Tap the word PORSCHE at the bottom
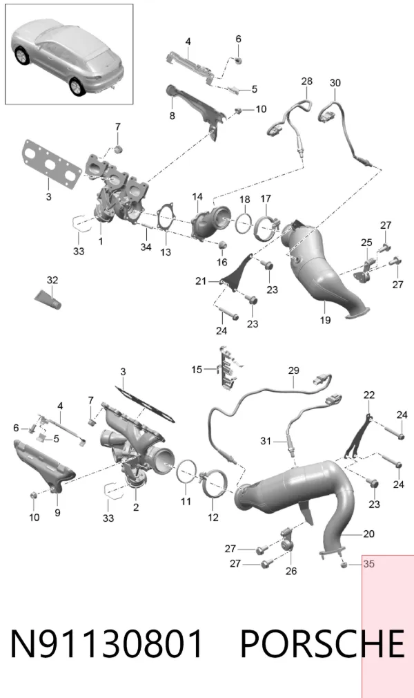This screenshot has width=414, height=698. pos(322,643)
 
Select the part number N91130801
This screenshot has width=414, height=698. pos(107,643)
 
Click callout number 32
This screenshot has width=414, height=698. pos(52,280)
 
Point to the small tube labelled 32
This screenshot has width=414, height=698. pos(48,299)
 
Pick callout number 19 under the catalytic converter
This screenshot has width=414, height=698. pos(325,319)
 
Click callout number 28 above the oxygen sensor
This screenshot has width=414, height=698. pos(307,81)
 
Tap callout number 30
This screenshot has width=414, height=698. pos(335,83)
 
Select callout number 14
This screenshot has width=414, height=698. pos(197,196)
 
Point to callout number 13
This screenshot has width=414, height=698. pos(166,252)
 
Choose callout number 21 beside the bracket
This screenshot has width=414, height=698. pos(201,281)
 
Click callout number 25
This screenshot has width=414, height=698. pos(366,243)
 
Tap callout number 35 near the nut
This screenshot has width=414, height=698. pos(368,564)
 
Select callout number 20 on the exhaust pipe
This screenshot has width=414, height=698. pos(368,534)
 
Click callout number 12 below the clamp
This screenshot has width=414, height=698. pos(213,517)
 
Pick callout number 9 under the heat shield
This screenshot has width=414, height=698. pos(57,513)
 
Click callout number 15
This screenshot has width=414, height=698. pos(197,370)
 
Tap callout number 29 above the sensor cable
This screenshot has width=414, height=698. pos(293,370)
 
